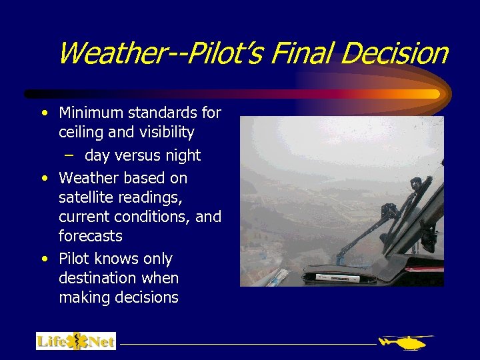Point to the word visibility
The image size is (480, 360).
tap(163, 133)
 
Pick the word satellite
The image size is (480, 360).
tap(86, 198)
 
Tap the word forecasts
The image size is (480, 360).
tap(91, 236)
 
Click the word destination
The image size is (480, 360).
tap(99, 277)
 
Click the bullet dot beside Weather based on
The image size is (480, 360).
tap(44, 178)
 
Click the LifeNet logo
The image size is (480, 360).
tap(75, 341)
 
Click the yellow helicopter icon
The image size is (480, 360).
tap(405, 342)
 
